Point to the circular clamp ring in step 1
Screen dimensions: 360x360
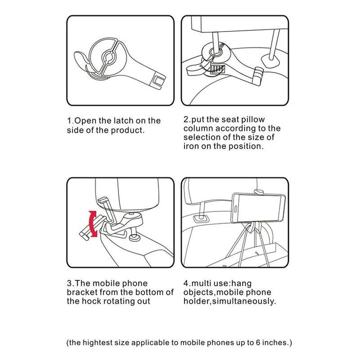106,57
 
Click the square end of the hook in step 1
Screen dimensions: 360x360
158,79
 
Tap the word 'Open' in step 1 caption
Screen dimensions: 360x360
87,120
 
